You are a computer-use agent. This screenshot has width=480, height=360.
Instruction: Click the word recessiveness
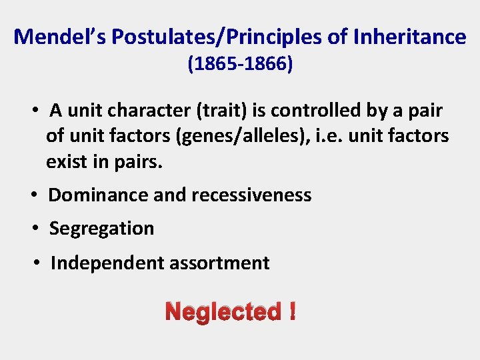pos(251,195)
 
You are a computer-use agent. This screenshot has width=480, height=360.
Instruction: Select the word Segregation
pos(101,229)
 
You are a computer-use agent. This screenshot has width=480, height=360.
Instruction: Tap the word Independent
pos(107,263)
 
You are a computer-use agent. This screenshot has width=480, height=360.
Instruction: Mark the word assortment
pos(219,263)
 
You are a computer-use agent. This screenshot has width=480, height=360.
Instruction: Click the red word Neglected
pos(223,311)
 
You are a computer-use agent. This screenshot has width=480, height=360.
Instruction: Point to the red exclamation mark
pos(292,311)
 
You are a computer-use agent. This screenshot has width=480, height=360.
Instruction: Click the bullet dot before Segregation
pos(35,229)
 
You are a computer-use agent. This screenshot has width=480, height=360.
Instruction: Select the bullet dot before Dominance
pos(35,195)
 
